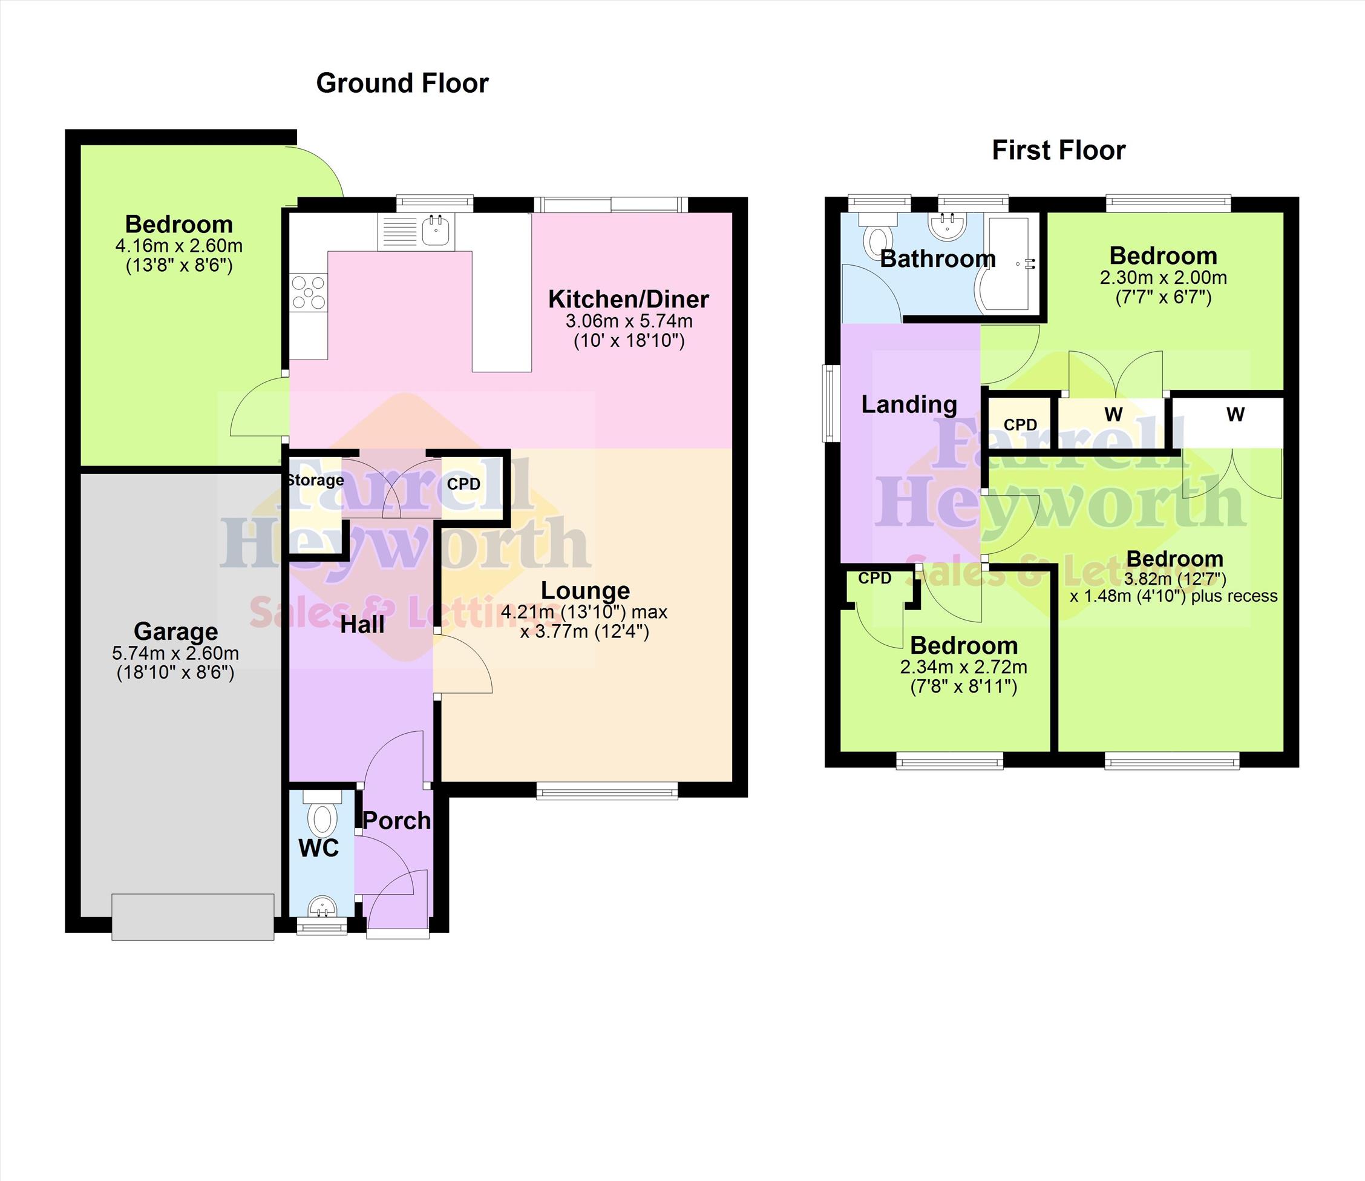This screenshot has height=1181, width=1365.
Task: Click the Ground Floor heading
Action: click(402, 84)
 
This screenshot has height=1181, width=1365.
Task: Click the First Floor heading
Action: click(1059, 151)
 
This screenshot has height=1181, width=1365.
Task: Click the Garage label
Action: click(175, 631)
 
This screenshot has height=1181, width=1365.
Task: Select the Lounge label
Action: click(585, 591)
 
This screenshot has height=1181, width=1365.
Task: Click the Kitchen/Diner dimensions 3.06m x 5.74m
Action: click(629, 321)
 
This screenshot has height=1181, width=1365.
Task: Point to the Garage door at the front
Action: click(193, 916)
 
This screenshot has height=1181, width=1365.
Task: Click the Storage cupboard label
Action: click(315, 480)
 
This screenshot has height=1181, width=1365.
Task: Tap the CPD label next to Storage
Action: click(464, 484)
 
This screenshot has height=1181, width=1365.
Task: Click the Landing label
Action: click(909, 404)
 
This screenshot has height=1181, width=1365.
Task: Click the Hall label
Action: click(362, 625)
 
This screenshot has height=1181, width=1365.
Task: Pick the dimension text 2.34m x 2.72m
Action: click(964, 667)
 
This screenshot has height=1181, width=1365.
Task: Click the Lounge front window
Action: click(607, 791)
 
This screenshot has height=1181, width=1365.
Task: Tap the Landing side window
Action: click(828, 404)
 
